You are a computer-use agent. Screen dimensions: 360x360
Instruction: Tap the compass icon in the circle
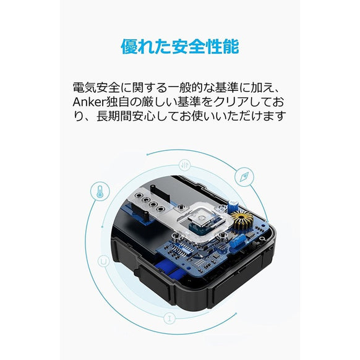pos(245,177)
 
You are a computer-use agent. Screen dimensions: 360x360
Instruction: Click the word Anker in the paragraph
pos(88,101)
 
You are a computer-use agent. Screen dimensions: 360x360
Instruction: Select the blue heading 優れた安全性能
pos(179,47)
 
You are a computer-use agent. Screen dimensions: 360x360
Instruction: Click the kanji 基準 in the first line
pos(232,85)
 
